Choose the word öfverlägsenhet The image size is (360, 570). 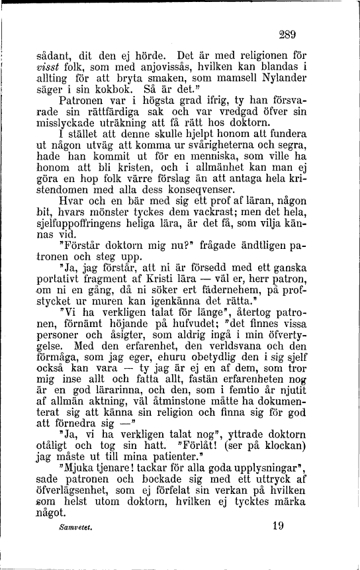(x=76, y=494)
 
